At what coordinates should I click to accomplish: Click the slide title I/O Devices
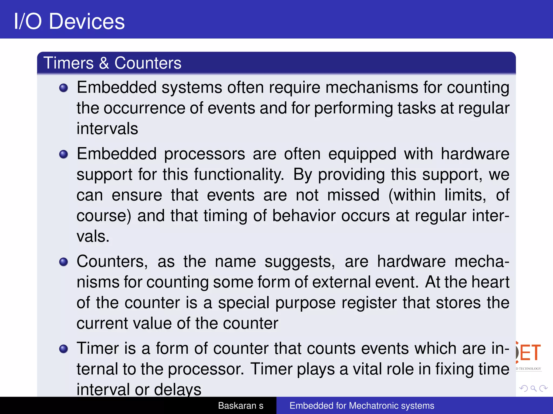click(x=69, y=21)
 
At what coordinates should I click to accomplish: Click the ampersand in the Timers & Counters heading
click(x=104, y=63)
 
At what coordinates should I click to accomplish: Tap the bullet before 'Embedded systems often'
click(x=63, y=88)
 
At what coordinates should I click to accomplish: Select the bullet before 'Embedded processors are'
click(x=63, y=154)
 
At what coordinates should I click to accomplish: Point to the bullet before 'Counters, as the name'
click(x=63, y=262)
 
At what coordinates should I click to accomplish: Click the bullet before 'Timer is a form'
click(x=63, y=349)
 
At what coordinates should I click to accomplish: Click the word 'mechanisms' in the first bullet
click(x=372, y=88)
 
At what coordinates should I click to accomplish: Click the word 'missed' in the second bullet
click(x=353, y=195)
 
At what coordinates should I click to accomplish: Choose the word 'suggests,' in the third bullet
click(x=300, y=262)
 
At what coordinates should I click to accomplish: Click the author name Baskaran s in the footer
click(x=241, y=406)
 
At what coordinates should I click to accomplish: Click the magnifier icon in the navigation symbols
click(x=533, y=388)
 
